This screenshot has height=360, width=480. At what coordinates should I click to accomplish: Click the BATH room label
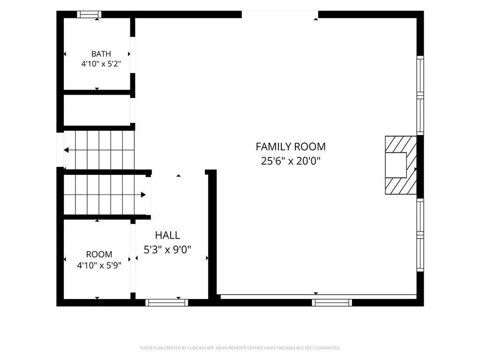point(101,54)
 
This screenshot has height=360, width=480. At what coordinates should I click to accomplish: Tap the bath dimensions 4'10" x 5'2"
point(101,64)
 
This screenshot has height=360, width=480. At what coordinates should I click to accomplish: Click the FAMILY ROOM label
point(291,147)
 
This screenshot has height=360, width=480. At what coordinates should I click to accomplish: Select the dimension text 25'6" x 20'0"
point(291,161)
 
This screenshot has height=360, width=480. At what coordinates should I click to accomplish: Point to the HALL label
point(167,235)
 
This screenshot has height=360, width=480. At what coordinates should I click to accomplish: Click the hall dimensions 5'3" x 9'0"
point(167,249)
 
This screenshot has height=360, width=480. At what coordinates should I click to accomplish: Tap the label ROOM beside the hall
point(99,255)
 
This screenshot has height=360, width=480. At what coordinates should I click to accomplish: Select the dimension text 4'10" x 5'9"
point(99,265)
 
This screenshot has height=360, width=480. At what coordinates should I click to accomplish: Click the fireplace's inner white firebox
point(396,165)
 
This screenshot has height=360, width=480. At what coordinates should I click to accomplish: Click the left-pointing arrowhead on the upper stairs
point(66,150)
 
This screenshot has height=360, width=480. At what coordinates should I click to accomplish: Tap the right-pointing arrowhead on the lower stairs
point(143,195)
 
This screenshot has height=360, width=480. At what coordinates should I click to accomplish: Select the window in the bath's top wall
point(89,15)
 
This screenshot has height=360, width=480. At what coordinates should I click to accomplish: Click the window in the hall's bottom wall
point(167,303)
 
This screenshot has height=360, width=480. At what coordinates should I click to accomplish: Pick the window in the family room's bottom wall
point(332,303)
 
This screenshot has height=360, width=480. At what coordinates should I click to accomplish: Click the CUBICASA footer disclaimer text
point(240,348)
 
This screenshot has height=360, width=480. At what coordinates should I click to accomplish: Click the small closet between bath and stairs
point(97,110)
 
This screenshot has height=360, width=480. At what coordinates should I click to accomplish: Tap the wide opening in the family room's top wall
point(280,15)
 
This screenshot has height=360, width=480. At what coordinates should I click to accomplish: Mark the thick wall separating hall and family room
point(212,234)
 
